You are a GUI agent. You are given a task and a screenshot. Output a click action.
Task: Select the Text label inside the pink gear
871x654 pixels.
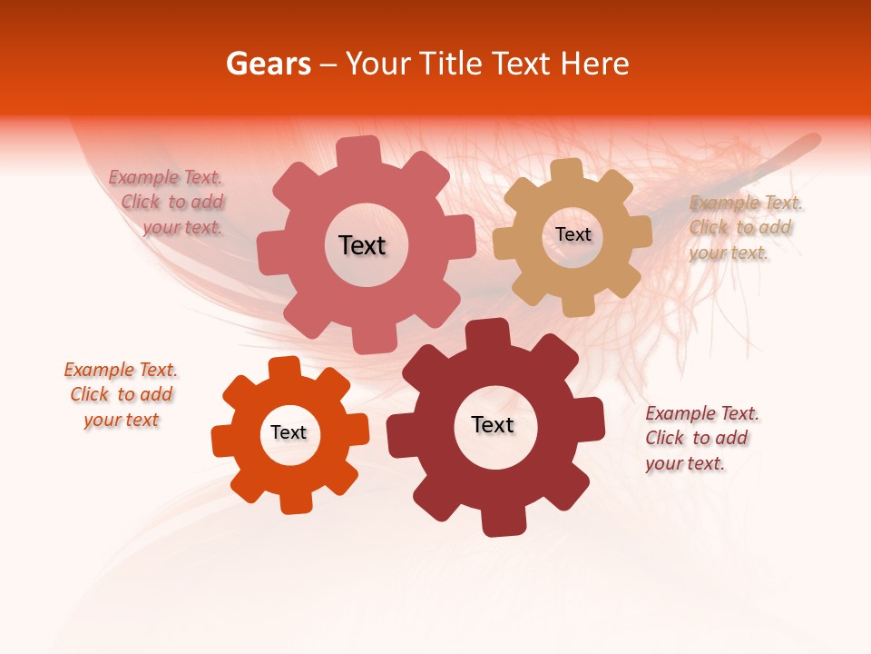[362, 245]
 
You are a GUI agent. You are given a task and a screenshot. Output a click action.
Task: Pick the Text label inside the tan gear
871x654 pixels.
[573, 234]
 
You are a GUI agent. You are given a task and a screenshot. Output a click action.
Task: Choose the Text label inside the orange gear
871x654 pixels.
[289, 432]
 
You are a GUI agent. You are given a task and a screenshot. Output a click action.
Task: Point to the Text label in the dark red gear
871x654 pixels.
[493, 424]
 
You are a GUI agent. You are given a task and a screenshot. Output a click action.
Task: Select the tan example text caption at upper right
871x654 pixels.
[744, 228]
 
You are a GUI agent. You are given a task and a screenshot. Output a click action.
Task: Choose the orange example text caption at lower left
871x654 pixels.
[121, 394]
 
